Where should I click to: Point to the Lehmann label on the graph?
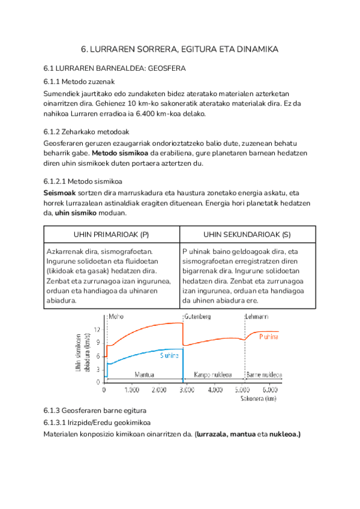pos(257,316)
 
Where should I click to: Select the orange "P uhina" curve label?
pos(268,337)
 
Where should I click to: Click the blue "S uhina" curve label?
pos(169,355)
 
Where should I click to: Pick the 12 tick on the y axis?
pos(98,330)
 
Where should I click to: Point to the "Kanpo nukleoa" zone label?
pos(213,375)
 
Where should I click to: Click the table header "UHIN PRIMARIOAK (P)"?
pos(111,233)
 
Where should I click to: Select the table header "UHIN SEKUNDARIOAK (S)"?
pos(247,233)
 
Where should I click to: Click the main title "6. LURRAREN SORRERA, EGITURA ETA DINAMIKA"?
pos(180,50)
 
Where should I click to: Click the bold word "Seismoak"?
pos(61,193)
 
